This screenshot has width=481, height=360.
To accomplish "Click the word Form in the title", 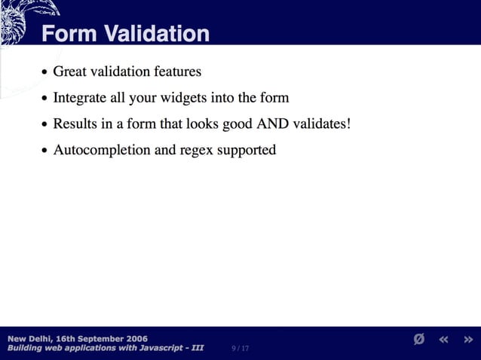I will (69, 34).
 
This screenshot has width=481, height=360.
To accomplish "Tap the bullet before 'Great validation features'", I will (44, 73).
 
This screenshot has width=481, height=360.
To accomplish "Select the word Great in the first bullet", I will (70, 72).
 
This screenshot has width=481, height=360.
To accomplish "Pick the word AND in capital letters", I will (277, 124).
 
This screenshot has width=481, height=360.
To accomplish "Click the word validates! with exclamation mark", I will (325, 124).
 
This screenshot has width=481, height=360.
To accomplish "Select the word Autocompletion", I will (102, 150).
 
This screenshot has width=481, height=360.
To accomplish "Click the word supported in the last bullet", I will (247, 151).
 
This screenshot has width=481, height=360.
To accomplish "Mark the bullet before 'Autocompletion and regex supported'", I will (44, 151).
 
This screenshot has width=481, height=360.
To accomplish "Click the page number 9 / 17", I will (241, 348).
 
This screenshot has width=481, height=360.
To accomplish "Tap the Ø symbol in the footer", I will (419, 340).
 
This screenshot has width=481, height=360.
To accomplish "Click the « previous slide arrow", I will (443, 340).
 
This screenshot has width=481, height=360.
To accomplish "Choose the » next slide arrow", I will (467, 340).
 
